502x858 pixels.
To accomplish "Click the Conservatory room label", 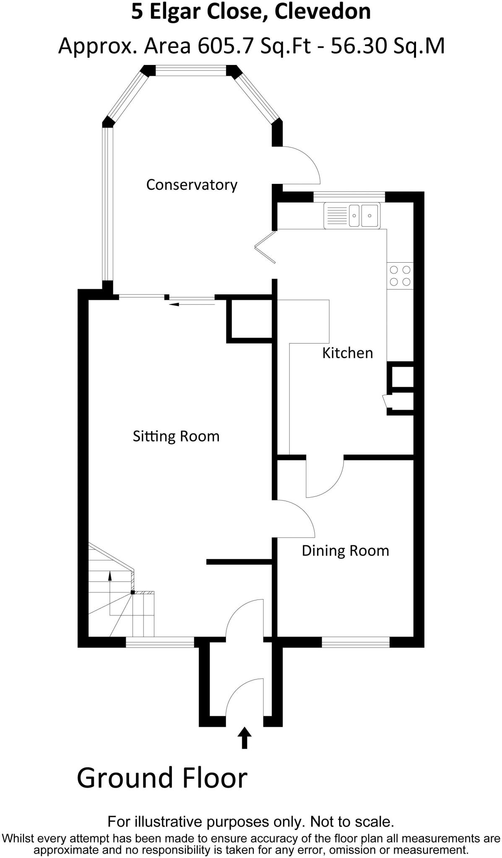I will [x=192, y=185].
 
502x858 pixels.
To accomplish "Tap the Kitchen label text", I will [x=347, y=353].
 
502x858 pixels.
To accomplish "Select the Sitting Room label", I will [x=176, y=436].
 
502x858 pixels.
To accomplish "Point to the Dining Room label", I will [x=345, y=550].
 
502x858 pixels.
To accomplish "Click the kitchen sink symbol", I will [x=352, y=215].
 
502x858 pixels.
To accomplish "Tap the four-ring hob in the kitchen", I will [x=400, y=276].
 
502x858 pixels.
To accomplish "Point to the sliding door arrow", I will [x=191, y=304].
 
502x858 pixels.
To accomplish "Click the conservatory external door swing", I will [x=300, y=165].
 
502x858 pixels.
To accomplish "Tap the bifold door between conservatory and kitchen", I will [x=265, y=248].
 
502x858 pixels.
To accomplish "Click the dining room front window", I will [x=356, y=642].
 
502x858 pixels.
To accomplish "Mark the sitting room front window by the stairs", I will [x=160, y=642].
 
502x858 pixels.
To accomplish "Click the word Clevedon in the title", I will [x=323, y=12].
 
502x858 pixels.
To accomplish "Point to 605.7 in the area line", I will [x=226, y=46].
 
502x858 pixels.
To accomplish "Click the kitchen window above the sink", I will [x=349, y=196].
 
